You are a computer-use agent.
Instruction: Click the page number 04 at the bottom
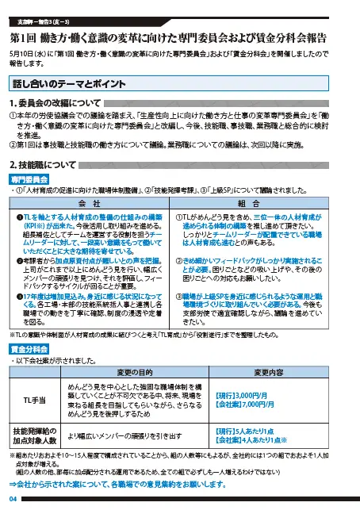[13, 498]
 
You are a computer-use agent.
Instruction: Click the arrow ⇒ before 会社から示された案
[13, 483]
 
